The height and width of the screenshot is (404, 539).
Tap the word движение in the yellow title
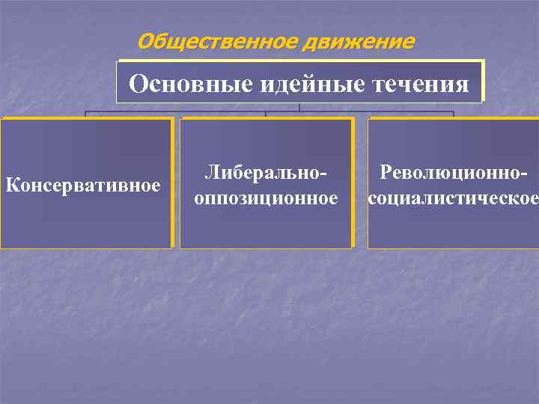(358, 41)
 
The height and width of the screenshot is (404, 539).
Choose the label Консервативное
(83, 184)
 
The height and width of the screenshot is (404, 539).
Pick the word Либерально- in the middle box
(266, 174)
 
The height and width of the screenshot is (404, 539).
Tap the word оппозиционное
(266, 198)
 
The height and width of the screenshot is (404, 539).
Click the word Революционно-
(454, 174)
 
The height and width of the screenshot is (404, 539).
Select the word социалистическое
(453, 198)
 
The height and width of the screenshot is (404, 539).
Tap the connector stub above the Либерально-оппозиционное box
(266, 115)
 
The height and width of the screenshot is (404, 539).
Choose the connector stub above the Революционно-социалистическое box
(454, 115)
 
